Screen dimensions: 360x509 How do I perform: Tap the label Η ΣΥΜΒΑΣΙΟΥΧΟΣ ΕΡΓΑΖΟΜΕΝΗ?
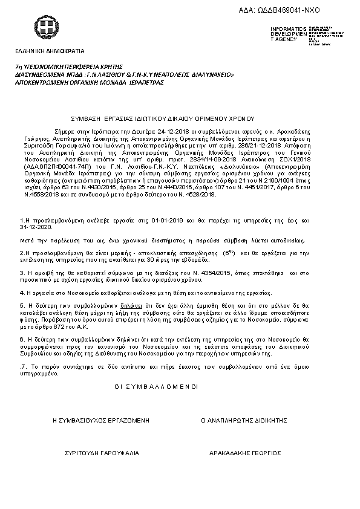[100, 419]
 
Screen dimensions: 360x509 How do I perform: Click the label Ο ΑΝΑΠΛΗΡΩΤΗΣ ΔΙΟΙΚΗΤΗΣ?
[241, 419]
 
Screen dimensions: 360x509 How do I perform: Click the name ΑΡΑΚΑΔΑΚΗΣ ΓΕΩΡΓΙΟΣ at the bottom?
[245, 452]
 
